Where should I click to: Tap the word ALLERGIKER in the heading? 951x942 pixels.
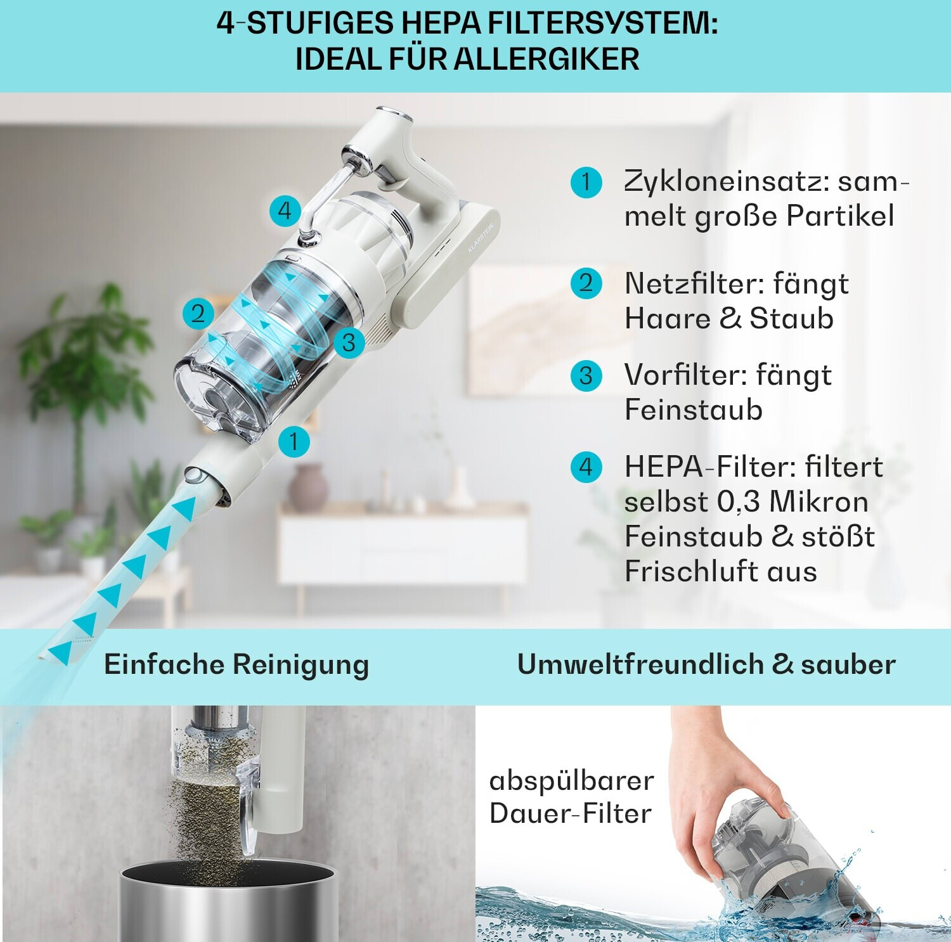(547, 59)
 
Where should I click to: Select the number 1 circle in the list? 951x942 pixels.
(586, 183)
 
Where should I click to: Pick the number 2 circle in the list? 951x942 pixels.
(586, 283)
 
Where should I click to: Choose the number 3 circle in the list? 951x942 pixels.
(586, 375)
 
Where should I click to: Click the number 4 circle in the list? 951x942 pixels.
(586, 467)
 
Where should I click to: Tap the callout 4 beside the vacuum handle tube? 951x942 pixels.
(285, 210)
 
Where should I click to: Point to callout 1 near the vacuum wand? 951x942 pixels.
(294, 441)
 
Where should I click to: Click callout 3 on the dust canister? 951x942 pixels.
(348, 342)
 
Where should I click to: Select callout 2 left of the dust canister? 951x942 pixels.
(198, 313)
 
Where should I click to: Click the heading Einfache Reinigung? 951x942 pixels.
(236, 665)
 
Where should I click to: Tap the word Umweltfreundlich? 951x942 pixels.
(641, 664)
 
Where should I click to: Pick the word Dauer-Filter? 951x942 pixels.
(571, 814)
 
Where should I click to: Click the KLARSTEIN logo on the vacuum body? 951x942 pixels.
(480, 238)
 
